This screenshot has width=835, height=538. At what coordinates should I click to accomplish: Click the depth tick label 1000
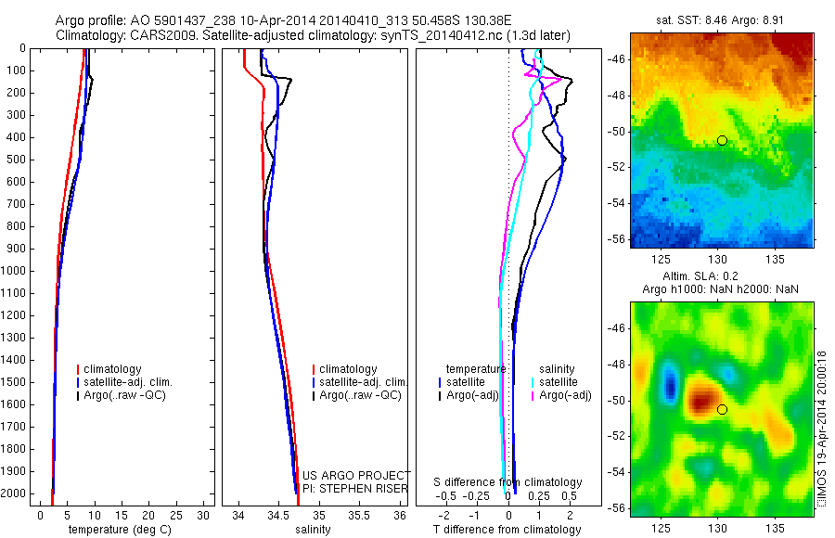point(15,271)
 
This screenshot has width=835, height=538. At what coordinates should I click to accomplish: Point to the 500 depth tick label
point(18,160)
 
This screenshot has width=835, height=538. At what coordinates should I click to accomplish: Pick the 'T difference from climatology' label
point(507,530)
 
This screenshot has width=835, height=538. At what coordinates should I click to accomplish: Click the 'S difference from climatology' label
point(507,482)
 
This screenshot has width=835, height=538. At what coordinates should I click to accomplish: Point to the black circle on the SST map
point(722,140)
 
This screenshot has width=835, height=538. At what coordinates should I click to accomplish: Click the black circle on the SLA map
point(722,409)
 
